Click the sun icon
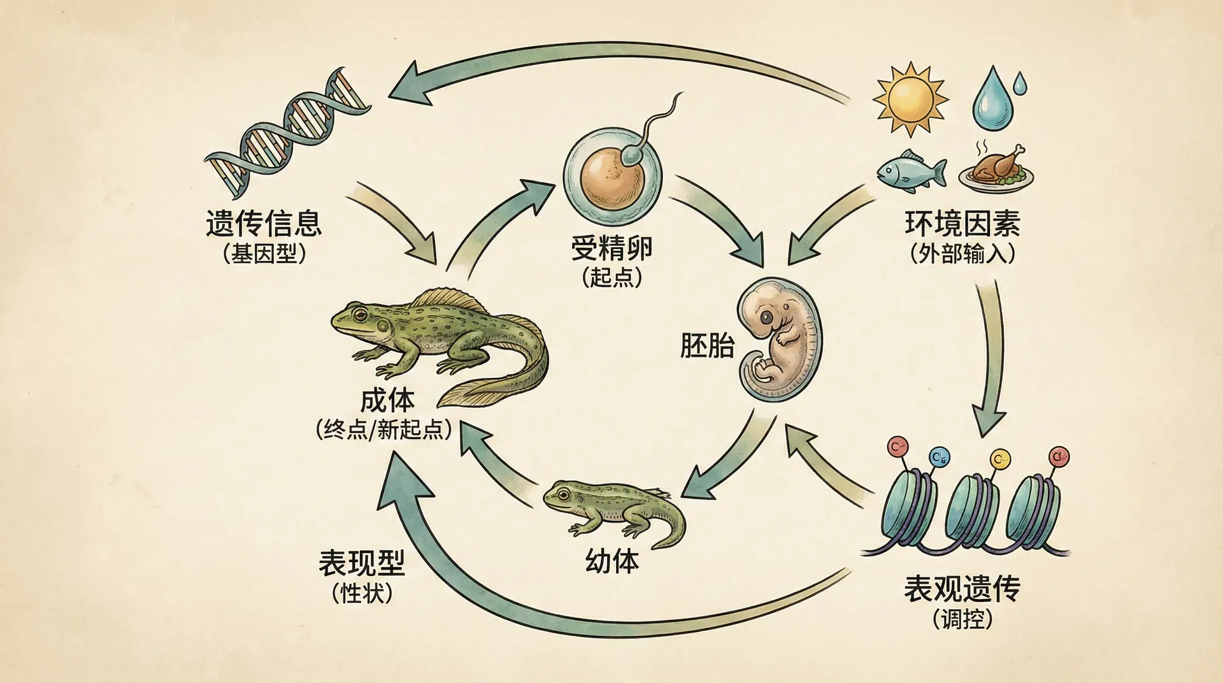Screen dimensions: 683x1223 click(911, 99)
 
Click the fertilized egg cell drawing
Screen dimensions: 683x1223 click(611, 175)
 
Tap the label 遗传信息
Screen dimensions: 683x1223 click(264, 223)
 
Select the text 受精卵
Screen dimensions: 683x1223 click(611, 247)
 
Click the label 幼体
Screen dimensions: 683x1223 click(611, 561)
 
